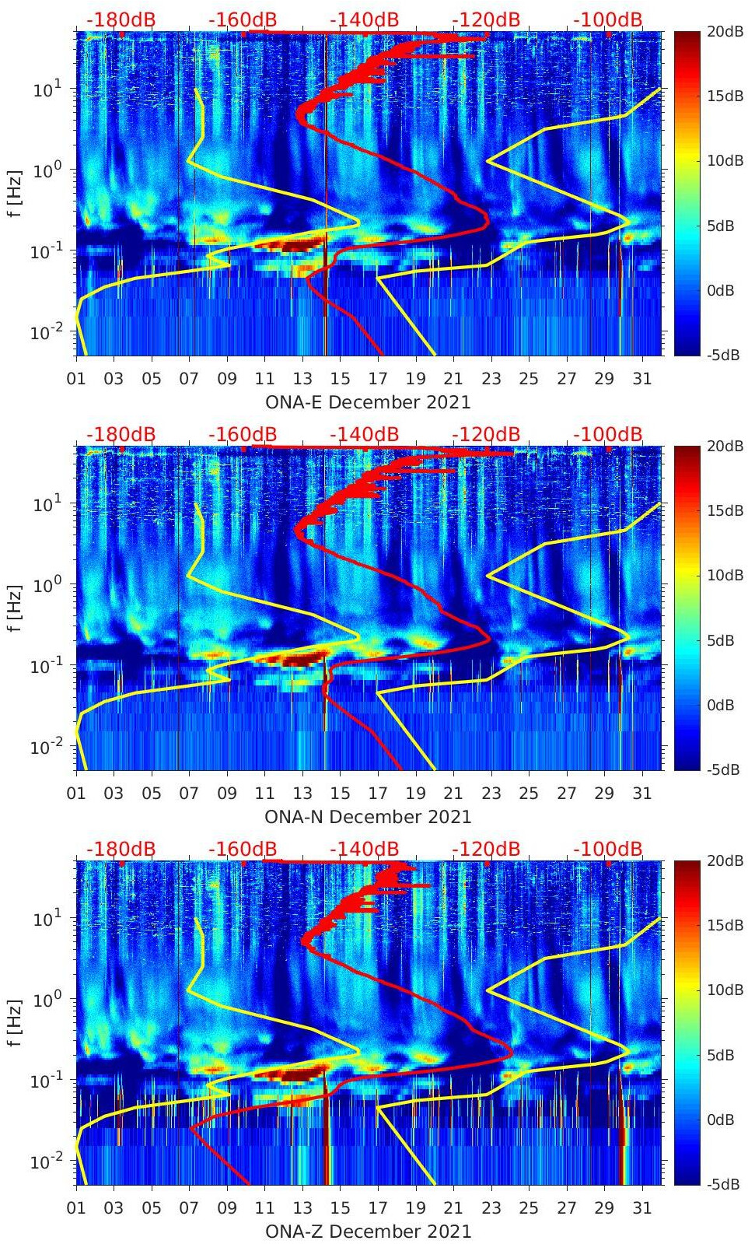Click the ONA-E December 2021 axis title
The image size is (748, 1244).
tap(368, 402)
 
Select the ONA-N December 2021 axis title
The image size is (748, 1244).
tap(368, 817)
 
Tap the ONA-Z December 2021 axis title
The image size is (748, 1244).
tap(368, 1232)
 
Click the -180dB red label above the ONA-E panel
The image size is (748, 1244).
tap(121, 19)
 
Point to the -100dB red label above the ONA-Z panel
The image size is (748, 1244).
tap(608, 849)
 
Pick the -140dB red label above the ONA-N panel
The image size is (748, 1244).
tap(364, 434)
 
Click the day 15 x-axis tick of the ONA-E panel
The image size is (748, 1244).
tap(340, 379)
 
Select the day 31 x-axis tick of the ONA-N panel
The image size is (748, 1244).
tap(641, 794)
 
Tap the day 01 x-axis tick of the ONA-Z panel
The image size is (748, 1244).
tap(76, 1208)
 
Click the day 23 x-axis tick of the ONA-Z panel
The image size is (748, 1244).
tap(491, 1208)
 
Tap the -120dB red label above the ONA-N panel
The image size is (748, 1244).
tap(486, 434)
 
